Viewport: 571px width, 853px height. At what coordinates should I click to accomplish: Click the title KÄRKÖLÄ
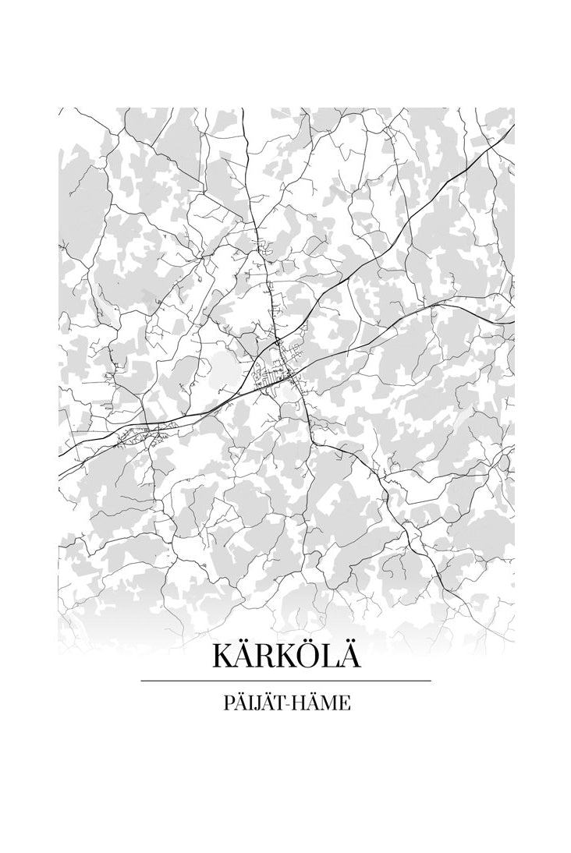click(x=285, y=656)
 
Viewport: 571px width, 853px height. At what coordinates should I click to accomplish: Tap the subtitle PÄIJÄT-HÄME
click(x=285, y=703)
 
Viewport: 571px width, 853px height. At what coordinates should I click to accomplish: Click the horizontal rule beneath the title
click(x=285, y=681)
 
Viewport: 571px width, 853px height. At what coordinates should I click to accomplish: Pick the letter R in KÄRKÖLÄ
click(x=263, y=657)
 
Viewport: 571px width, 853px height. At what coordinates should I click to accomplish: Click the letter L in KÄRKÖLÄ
click(x=327, y=657)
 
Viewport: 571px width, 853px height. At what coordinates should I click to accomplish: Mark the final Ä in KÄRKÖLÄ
click(x=349, y=656)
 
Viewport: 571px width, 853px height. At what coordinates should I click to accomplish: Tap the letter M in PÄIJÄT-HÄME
click(x=331, y=704)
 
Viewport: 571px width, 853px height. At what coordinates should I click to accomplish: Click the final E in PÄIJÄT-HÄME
click(x=346, y=704)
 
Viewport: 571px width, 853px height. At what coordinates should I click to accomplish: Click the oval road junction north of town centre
click(x=278, y=342)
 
